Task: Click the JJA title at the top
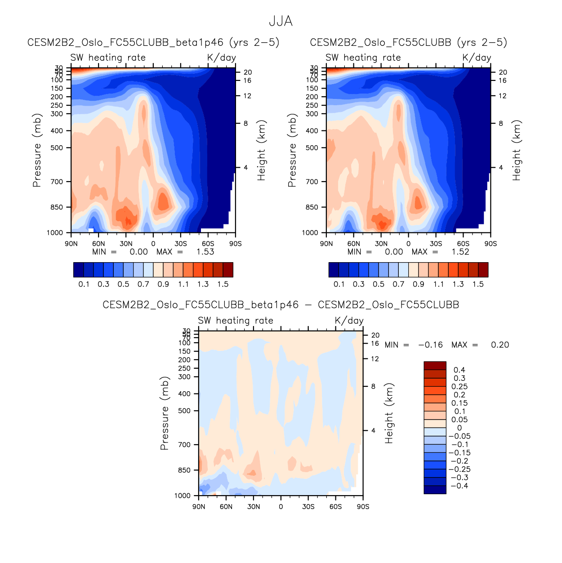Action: click(x=281, y=21)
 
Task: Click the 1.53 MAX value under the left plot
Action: click(x=205, y=252)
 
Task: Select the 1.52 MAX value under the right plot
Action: click(x=460, y=252)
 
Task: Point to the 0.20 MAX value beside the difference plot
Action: click(x=500, y=345)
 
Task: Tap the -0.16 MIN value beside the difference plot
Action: click(x=430, y=345)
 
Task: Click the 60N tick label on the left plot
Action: click(x=98, y=244)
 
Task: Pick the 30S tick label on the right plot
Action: click(x=436, y=244)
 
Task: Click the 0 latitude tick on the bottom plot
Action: click(x=281, y=507)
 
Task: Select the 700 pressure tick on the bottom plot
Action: click(x=185, y=445)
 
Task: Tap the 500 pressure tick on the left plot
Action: click(x=57, y=147)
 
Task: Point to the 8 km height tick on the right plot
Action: click(x=501, y=123)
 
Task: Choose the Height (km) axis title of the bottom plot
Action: click(x=389, y=413)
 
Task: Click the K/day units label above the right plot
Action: click(x=477, y=58)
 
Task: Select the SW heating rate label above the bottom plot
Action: click(x=236, y=321)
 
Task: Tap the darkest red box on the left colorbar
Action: click(x=228, y=270)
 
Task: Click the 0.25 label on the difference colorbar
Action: click(x=459, y=387)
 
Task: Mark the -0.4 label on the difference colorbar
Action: click(x=459, y=486)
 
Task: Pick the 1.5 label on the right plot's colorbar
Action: click(x=478, y=284)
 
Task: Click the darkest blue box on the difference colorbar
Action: click(x=435, y=490)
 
